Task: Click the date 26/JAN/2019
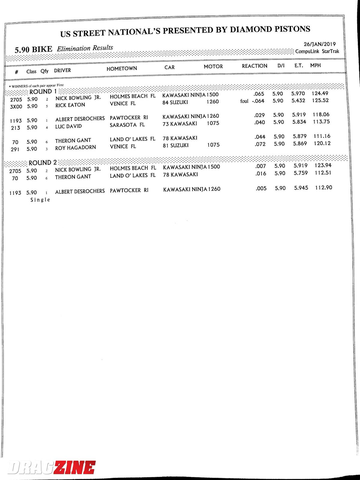tap(319, 44)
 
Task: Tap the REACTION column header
tap(254, 66)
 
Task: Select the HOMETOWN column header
tap(121, 68)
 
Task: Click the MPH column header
tap(315, 65)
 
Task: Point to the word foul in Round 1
tap(244, 101)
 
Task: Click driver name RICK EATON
tap(70, 105)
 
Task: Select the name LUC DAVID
tap(68, 126)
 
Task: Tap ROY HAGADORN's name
tap(75, 148)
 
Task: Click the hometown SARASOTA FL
tap(127, 125)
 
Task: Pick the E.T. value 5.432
tap(298, 100)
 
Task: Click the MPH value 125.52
tap(320, 100)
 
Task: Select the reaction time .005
tap(261, 188)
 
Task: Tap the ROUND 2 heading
tap(42, 163)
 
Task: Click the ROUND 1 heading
tap(43, 91)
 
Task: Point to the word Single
tap(40, 200)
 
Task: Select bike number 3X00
tap(16, 106)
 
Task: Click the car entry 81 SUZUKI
tap(175, 145)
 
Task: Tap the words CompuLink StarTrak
tap(317, 51)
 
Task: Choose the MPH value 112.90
tap(323, 188)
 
